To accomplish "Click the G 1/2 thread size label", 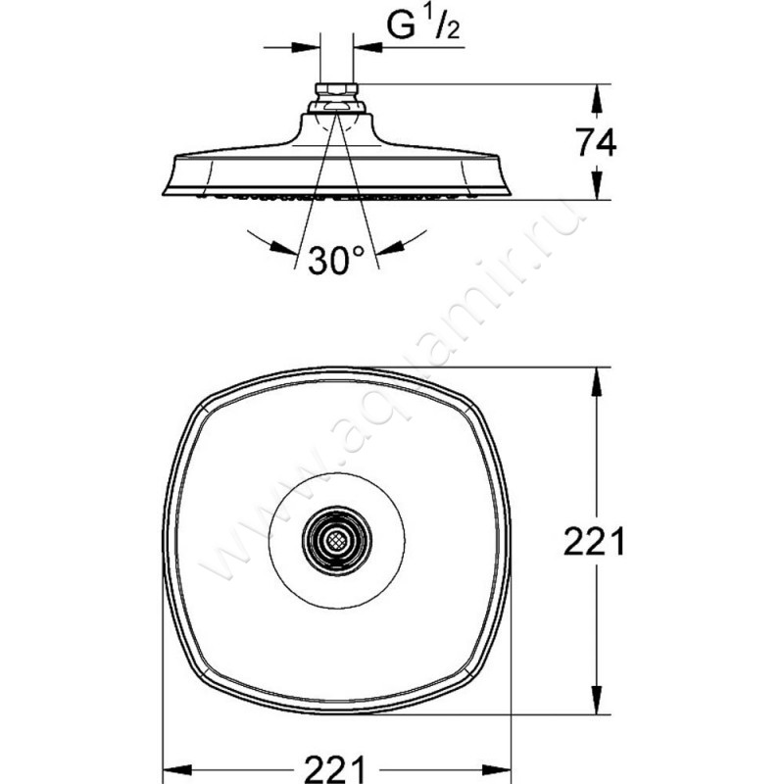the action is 423,25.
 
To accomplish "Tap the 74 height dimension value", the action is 596,142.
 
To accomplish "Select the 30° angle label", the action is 335,260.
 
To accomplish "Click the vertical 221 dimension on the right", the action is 594,542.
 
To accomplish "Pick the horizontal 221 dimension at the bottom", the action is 335,769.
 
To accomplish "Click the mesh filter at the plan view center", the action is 336,540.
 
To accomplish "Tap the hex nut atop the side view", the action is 337,90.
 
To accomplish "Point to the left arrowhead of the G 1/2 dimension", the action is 306,47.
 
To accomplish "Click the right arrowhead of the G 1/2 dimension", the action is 367,47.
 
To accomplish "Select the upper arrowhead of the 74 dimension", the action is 597,98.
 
